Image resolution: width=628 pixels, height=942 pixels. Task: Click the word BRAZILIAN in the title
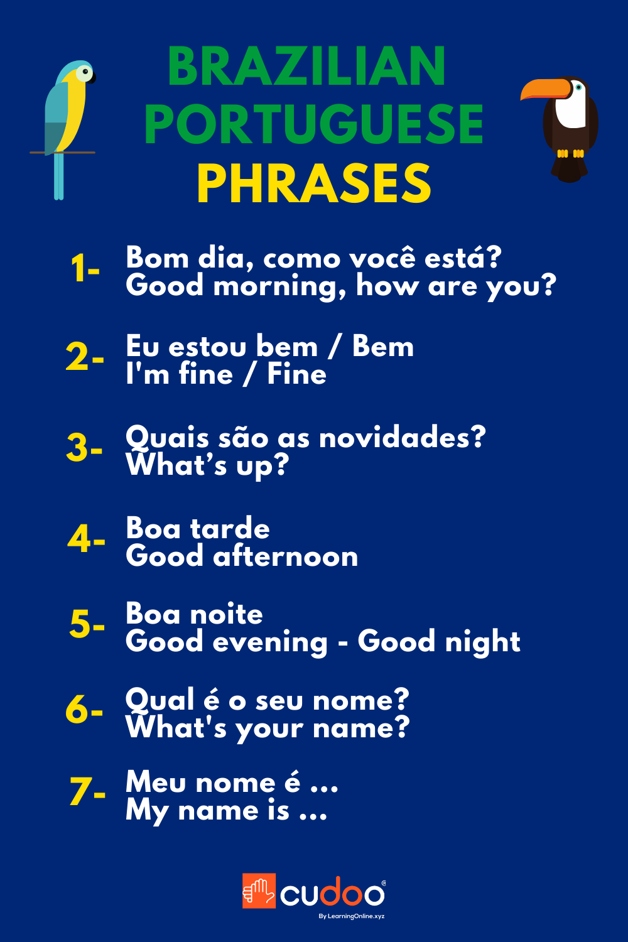click(306, 67)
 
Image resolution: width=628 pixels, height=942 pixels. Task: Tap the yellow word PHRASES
click(314, 183)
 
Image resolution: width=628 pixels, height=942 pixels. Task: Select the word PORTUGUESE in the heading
click(314, 124)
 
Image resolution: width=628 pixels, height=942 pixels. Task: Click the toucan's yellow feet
click(570, 153)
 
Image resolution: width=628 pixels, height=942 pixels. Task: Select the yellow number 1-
click(85, 269)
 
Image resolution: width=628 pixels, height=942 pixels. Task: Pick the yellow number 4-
click(86, 539)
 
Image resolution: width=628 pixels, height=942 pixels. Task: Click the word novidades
click(402, 437)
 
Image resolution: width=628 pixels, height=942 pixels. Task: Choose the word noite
click(226, 614)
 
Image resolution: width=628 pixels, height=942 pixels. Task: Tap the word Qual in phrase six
click(160, 700)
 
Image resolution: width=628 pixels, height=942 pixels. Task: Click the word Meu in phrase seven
click(156, 782)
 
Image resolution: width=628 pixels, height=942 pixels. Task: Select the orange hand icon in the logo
click(259, 891)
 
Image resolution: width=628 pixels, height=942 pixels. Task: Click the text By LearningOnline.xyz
click(351, 916)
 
